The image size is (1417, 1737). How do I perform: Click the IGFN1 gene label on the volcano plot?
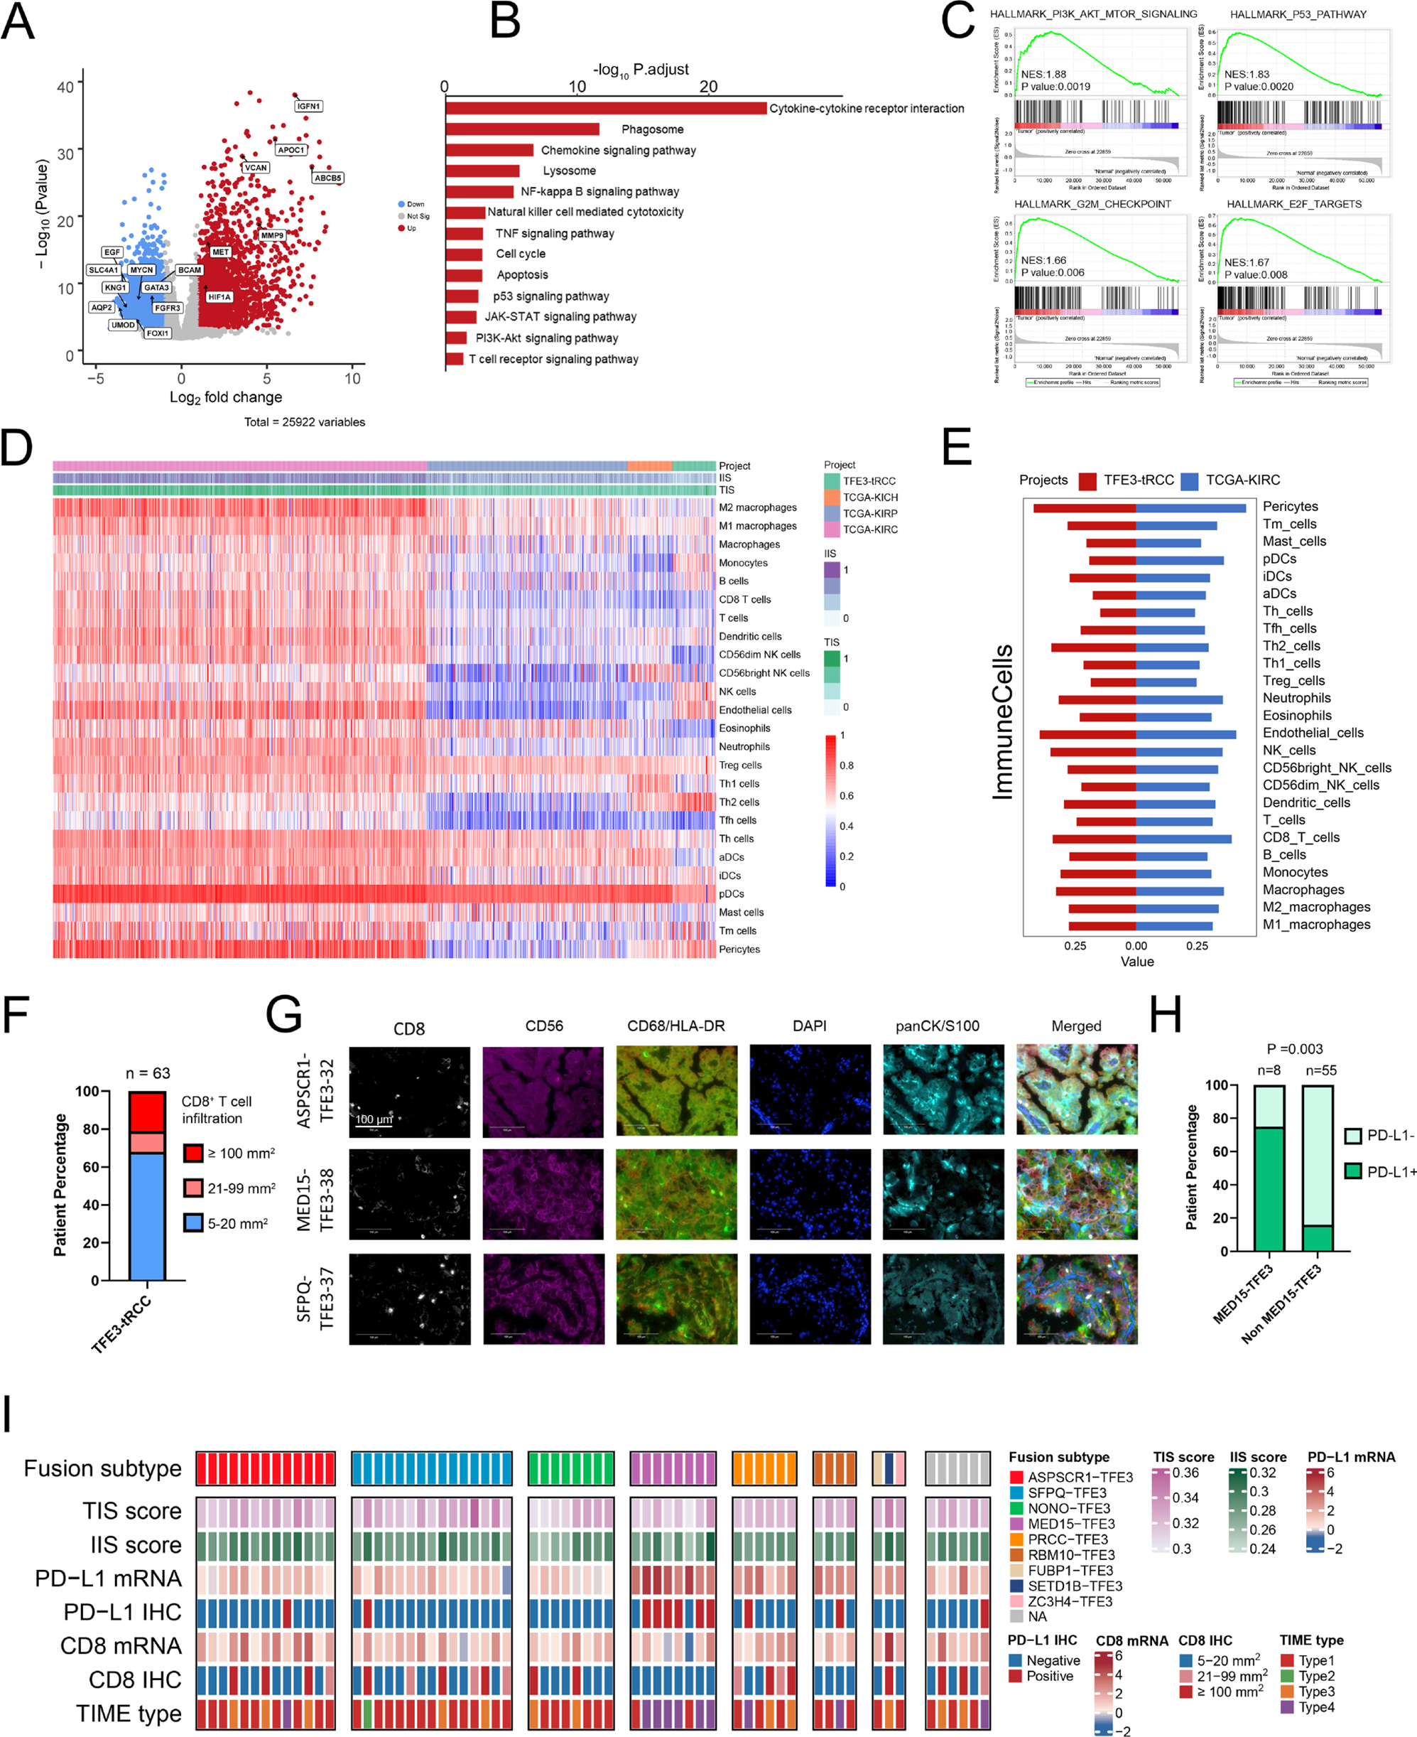click(x=308, y=106)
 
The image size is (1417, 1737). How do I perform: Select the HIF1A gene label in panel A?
click(x=219, y=297)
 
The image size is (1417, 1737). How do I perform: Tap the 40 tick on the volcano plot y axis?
click(x=65, y=87)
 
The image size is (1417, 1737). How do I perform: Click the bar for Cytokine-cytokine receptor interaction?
click(x=606, y=109)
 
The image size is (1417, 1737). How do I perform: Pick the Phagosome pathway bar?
click(x=522, y=129)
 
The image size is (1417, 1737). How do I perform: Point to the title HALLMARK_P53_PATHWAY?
click(x=1298, y=15)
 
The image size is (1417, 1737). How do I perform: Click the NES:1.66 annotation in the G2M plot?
click(x=1043, y=261)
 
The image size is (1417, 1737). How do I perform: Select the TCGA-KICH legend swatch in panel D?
click(x=832, y=498)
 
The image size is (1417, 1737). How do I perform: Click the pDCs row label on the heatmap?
click(x=732, y=894)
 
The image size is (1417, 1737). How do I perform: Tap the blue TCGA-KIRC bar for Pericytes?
click(x=1190, y=509)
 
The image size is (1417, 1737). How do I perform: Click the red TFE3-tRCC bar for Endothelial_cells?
click(x=1087, y=734)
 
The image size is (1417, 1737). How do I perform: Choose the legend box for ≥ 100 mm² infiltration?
click(x=193, y=1153)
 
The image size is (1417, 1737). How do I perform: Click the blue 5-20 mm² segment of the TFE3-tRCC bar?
click(x=148, y=1216)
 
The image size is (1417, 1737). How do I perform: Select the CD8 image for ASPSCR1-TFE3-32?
click(x=409, y=1092)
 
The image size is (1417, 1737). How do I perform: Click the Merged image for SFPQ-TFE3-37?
click(x=1076, y=1298)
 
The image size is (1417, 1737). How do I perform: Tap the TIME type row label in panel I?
click(x=129, y=1714)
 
